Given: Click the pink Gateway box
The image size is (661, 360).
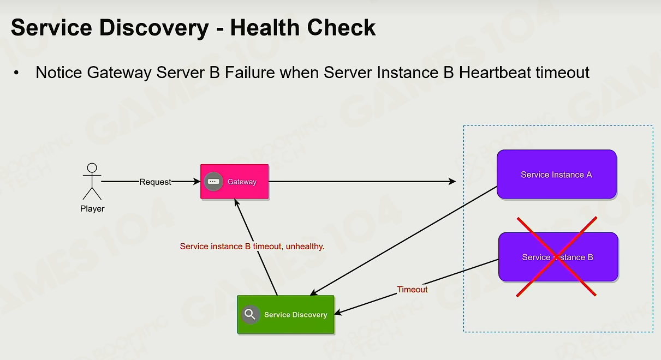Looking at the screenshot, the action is point(235,181).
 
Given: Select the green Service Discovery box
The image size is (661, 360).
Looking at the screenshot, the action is point(285,314).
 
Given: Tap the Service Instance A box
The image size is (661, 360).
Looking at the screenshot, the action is point(557,174).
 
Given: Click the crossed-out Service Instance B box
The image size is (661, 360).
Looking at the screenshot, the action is point(558,257).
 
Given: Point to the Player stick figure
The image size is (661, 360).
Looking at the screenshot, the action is point(92,181).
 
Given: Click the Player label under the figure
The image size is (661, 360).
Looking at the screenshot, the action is point(92,209).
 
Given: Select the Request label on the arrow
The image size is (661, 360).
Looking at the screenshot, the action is point(155,182).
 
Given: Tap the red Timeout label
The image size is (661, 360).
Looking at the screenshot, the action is point(412,290).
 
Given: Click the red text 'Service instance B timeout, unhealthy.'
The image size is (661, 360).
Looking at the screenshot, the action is point(252,247).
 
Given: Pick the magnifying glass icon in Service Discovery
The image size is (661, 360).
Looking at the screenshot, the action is point(250,314).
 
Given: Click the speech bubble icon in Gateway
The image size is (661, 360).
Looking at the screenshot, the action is point(213,181).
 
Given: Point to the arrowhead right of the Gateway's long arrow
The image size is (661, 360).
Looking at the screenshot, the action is point(452,181).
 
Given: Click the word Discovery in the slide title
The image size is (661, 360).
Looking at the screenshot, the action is point(154,28).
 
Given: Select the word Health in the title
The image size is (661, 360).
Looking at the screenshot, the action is point(265,27).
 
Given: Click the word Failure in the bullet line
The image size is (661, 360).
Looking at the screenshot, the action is point(250,73).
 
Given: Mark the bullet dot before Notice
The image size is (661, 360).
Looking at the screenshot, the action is point(16,73).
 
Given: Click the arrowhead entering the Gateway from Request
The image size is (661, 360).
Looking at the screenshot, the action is point(197,181).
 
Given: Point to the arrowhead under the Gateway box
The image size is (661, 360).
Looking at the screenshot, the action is point(236,202).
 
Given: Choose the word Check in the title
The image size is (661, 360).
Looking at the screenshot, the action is point(342,27).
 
